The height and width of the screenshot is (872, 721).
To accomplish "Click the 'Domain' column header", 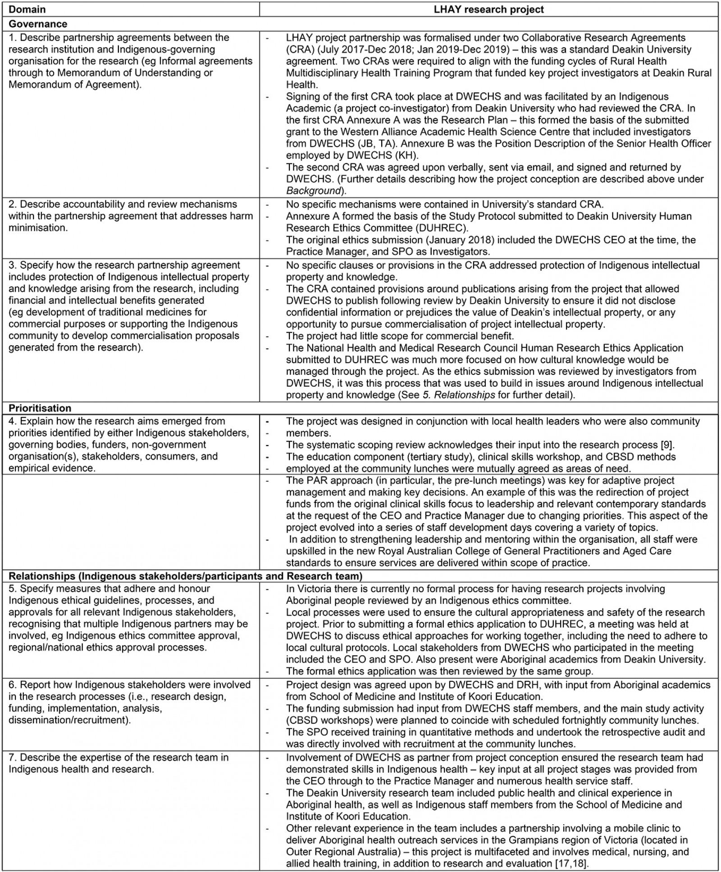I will click(x=27, y=9).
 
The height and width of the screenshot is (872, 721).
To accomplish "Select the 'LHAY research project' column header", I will click(x=488, y=9).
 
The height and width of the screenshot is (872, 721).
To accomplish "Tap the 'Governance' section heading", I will click(x=38, y=24).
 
